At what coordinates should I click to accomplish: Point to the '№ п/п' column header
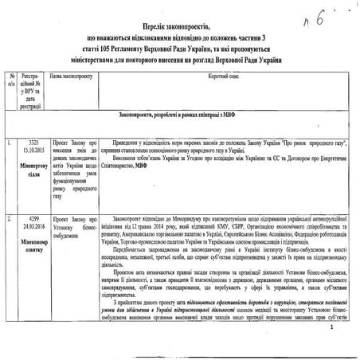(10, 85)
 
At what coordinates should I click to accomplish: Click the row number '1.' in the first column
(7, 144)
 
